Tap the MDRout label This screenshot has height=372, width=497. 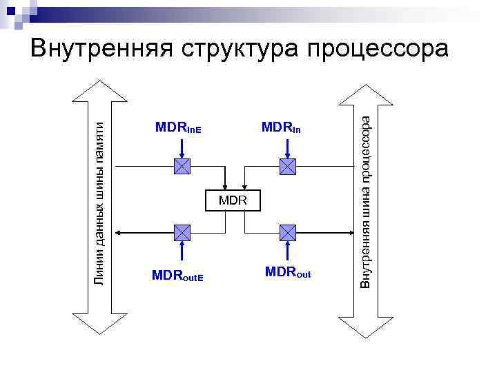coord(287,273)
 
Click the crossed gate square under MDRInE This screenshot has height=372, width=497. coord(182,166)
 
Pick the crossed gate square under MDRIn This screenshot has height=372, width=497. coord(286,166)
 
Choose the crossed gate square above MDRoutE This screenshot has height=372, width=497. coord(182,232)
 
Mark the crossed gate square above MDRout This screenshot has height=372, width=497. coord(286,232)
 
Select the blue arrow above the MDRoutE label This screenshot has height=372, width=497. coord(182,251)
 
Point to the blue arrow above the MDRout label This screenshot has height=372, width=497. coord(286,251)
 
